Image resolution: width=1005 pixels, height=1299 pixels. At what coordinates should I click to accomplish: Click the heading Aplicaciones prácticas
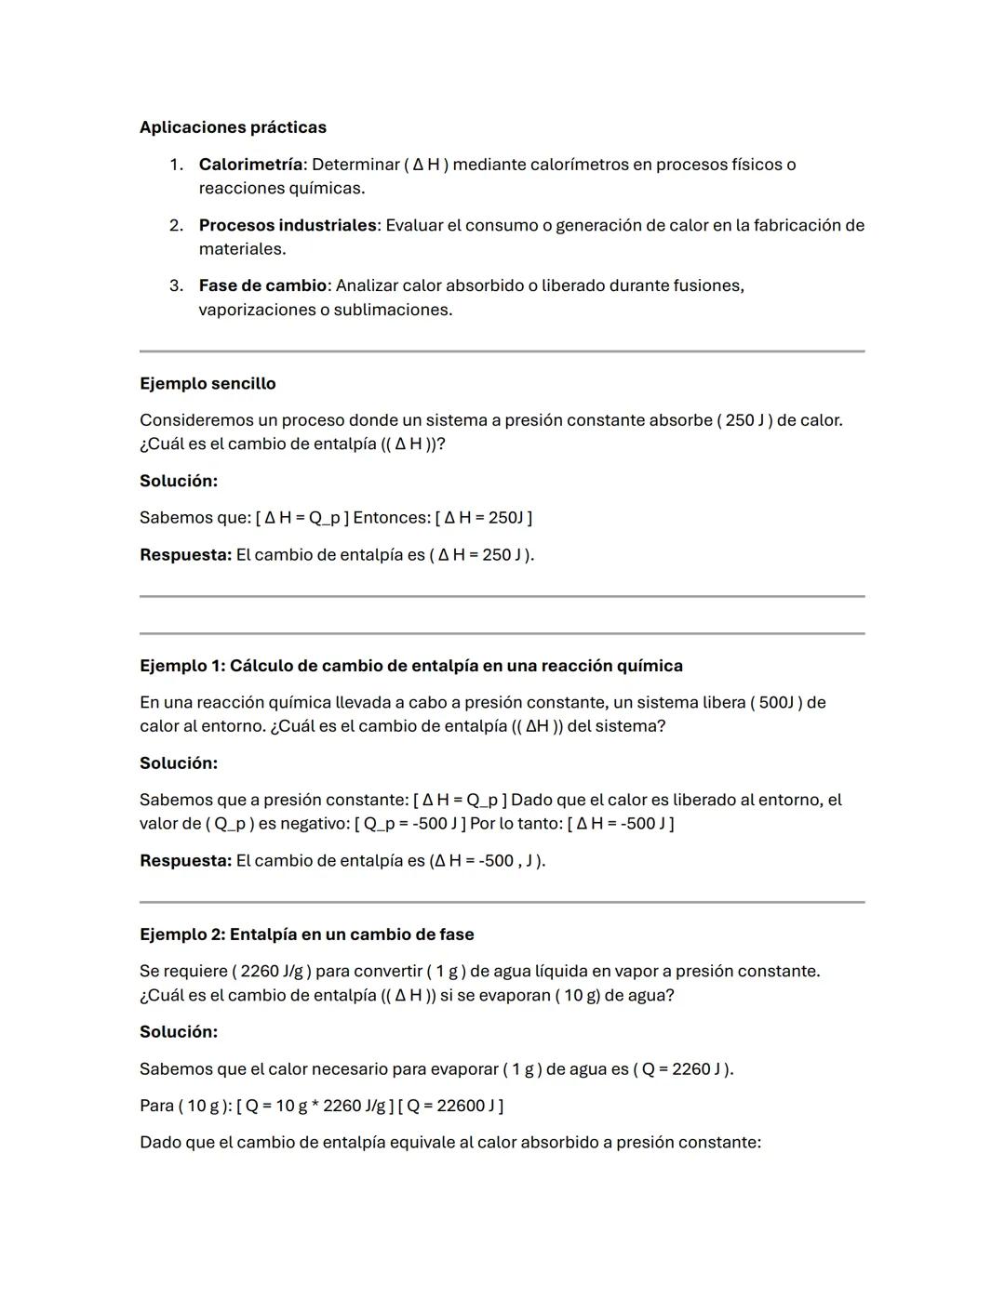click(x=233, y=127)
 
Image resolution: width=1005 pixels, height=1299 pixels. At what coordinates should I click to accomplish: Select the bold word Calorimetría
click(x=250, y=165)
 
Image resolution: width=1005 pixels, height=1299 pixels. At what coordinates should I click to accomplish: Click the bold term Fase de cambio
click(x=262, y=285)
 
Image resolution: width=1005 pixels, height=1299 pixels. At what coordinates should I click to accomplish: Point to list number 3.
click(x=176, y=285)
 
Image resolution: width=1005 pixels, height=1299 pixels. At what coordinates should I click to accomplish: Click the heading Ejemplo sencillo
click(x=208, y=383)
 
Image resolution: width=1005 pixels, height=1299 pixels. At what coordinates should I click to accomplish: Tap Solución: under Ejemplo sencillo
click(x=179, y=481)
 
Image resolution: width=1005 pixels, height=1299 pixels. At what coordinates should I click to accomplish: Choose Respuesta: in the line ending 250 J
click(x=185, y=555)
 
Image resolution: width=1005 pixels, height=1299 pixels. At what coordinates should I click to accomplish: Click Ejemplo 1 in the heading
click(x=181, y=666)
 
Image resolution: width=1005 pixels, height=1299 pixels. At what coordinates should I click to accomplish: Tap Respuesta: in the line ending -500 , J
click(x=185, y=861)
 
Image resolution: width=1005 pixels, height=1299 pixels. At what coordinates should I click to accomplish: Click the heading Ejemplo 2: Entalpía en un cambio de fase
click(x=306, y=934)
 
